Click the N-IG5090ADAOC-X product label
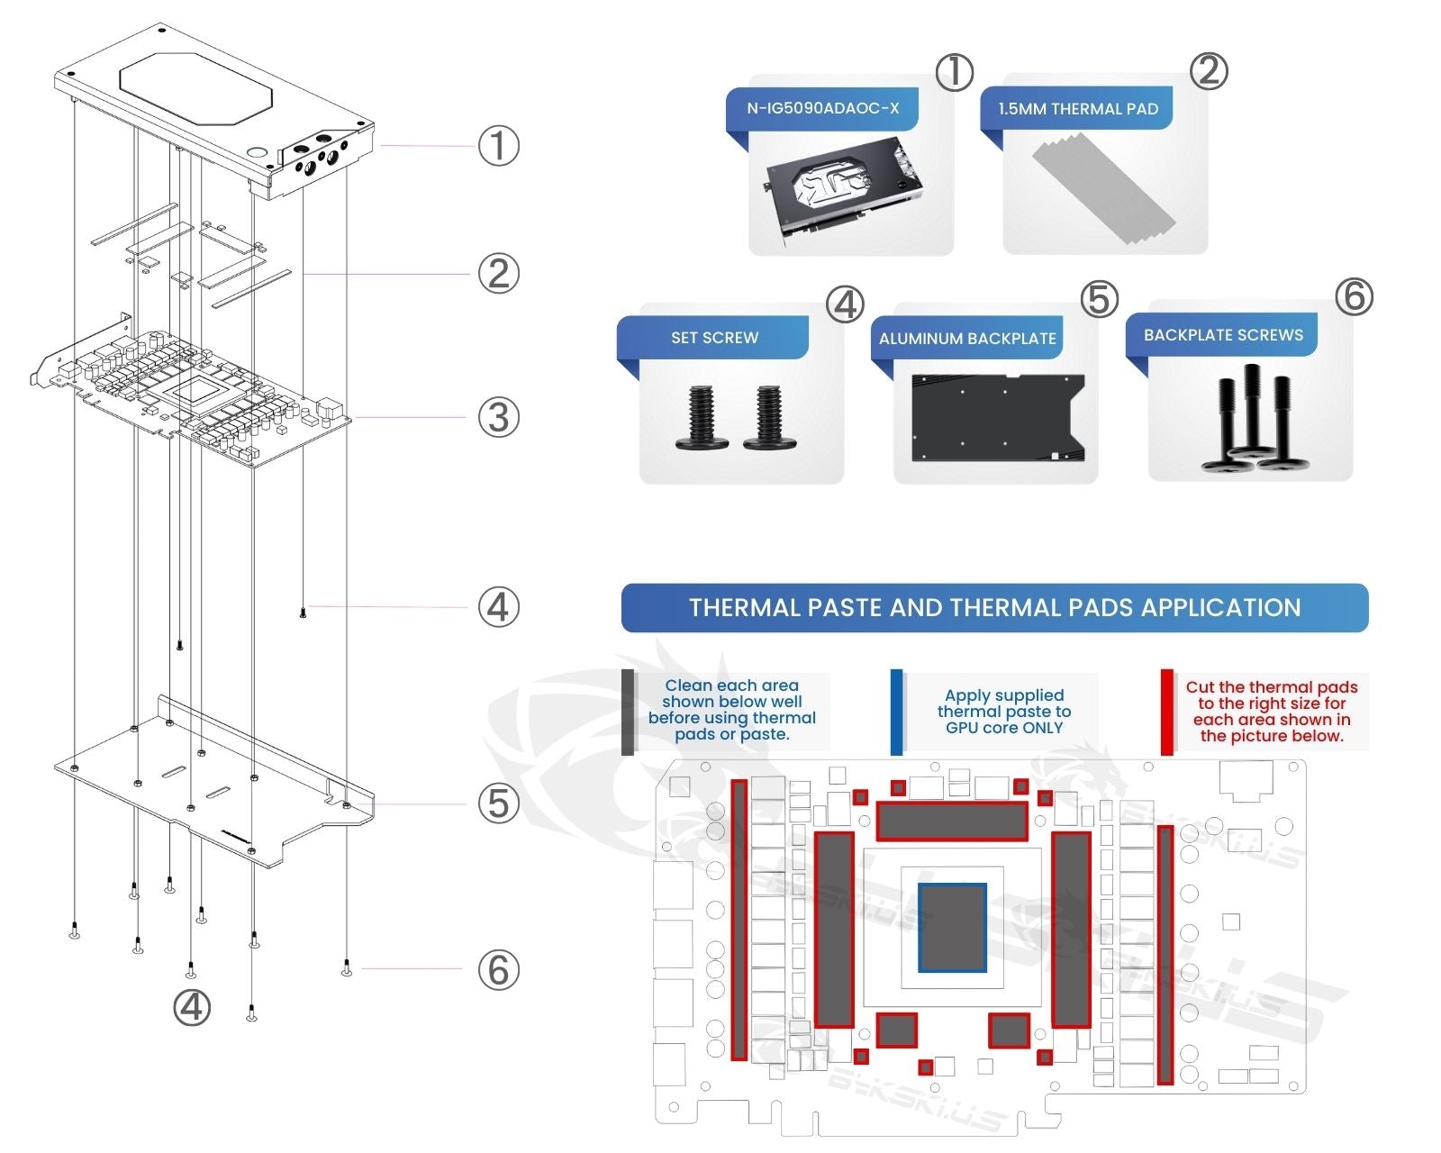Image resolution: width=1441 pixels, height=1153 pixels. [822, 108]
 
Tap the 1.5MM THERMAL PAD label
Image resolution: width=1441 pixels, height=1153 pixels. [1077, 109]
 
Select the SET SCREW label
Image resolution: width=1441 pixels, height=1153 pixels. [714, 338]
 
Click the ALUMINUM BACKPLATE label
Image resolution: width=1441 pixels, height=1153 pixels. [967, 339]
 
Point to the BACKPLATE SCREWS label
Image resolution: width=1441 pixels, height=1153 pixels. [1222, 335]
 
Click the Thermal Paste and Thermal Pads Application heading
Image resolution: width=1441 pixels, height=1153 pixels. [994, 608]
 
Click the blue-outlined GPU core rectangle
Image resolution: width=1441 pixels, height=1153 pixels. [952, 928]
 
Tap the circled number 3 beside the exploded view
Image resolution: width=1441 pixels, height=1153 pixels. [498, 418]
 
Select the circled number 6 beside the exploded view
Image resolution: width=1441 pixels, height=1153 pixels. [498, 970]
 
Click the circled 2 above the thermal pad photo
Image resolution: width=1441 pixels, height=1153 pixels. [1209, 71]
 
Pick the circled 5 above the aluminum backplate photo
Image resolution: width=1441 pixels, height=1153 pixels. [1099, 300]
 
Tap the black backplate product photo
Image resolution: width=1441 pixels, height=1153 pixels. [998, 419]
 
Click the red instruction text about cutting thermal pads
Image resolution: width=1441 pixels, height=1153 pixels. [1271, 712]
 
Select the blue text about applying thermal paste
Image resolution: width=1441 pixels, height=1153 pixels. [1003, 712]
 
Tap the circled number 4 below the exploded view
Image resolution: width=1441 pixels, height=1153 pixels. [192, 1007]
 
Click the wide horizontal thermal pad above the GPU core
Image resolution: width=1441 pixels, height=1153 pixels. [952, 821]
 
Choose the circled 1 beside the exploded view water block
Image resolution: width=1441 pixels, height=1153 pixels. [498, 146]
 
